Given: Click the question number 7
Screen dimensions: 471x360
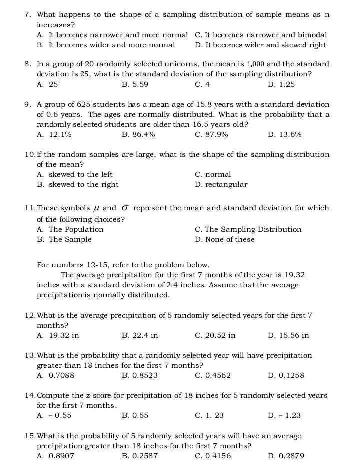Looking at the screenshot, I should (27, 14).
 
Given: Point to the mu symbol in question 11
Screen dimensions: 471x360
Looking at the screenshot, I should (96, 208).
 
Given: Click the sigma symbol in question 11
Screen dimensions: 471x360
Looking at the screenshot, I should (125, 208).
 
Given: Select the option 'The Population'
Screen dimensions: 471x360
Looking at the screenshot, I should (76, 229).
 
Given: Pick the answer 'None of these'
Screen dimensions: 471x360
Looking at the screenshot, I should (229, 239).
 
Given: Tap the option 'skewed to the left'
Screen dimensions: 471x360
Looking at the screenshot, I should (80, 174).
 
